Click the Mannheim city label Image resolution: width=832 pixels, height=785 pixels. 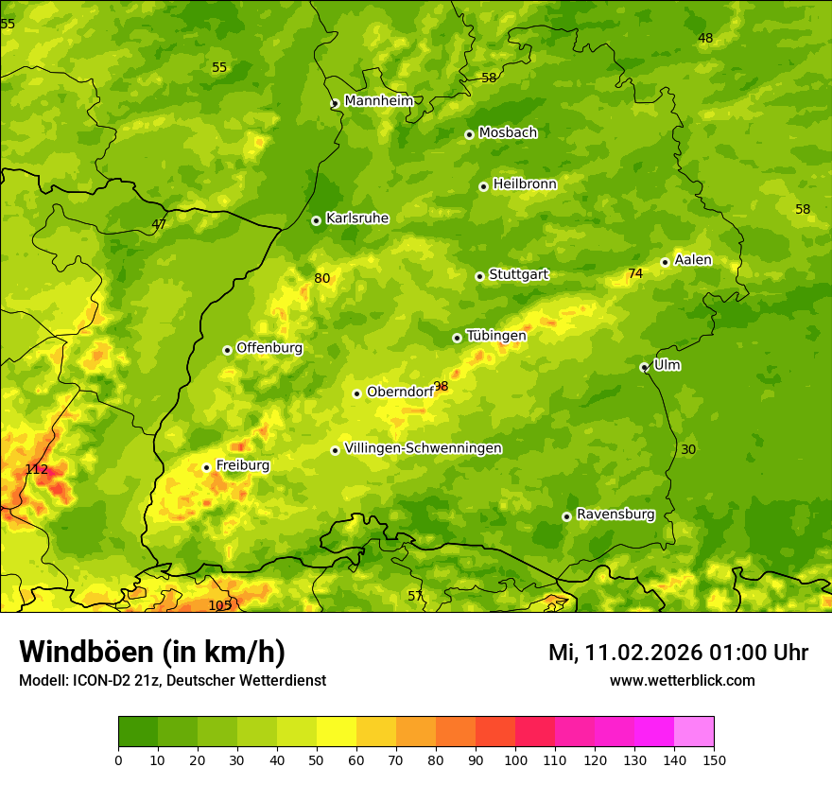[378, 101]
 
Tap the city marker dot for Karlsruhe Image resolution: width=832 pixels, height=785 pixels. [316, 220]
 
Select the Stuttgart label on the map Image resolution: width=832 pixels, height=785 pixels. [518, 275]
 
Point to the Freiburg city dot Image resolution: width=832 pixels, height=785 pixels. [206, 467]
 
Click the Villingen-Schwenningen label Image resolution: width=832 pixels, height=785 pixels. [423, 448]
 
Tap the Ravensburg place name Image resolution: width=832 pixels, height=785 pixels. [615, 515]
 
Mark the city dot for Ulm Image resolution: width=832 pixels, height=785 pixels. [644, 367]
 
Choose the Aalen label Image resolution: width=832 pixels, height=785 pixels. [693, 260]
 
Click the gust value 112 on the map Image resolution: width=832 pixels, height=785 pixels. [36, 470]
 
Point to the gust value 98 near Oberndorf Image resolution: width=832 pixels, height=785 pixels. [441, 387]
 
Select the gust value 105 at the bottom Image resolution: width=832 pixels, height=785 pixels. [219, 605]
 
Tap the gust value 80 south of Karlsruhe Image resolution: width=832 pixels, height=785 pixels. [322, 278]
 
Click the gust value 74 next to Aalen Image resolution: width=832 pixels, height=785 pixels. [635, 273]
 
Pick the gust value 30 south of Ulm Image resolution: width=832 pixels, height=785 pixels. [688, 449]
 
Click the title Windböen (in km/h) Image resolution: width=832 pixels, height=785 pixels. [151, 652]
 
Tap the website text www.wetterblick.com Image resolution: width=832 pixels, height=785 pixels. [682, 680]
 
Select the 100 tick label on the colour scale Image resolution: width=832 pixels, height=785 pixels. [515, 759]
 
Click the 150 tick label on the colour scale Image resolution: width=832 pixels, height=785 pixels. [714, 759]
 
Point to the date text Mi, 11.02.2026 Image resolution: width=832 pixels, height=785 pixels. [624, 653]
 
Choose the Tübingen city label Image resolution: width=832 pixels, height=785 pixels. [495, 336]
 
